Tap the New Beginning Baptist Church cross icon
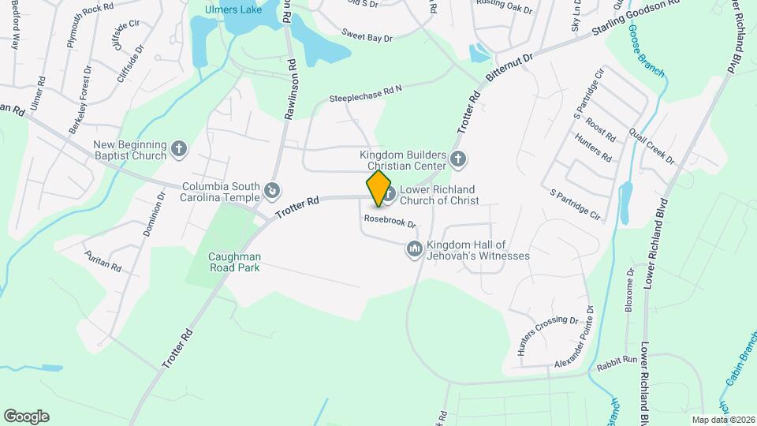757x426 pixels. point(180,148)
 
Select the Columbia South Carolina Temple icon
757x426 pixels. point(272,190)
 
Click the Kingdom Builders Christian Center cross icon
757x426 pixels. point(459,161)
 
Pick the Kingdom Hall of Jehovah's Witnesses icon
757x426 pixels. point(414,250)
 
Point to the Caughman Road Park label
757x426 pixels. point(234,262)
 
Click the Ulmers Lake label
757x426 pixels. point(233,10)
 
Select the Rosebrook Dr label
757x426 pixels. point(390,222)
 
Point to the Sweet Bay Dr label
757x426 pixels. point(367,35)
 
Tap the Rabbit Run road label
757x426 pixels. point(618,360)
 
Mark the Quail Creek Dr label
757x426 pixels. point(652,148)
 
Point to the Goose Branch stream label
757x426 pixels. point(646,51)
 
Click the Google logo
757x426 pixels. point(26,416)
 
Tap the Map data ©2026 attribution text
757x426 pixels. point(722,419)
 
